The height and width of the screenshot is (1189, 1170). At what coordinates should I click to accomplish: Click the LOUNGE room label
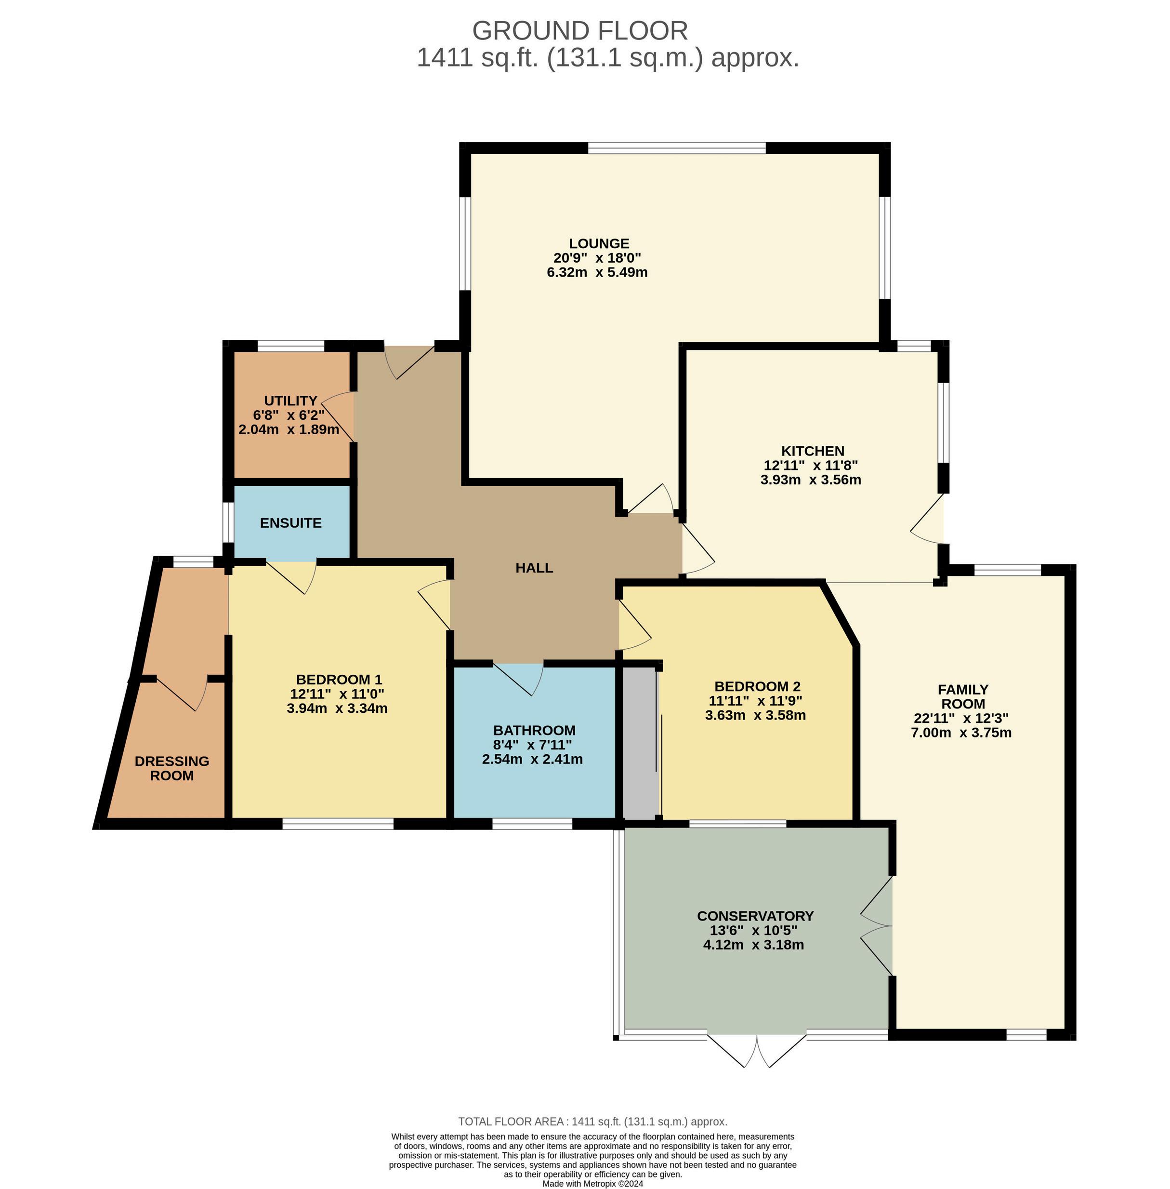click(x=599, y=243)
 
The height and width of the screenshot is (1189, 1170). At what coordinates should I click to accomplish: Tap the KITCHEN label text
click(x=813, y=451)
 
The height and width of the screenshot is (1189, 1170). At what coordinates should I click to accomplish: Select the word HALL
click(x=534, y=567)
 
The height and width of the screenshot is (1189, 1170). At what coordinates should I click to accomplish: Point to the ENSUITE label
click(x=290, y=522)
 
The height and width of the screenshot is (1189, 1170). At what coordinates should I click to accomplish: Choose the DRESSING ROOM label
click(x=172, y=768)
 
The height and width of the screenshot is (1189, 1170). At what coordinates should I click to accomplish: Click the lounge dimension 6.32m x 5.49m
click(x=597, y=272)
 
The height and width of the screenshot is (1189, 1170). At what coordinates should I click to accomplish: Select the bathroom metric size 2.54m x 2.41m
click(x=532, y=759)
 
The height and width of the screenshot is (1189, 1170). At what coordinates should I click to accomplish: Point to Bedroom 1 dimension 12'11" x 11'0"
click(x=337, y=694)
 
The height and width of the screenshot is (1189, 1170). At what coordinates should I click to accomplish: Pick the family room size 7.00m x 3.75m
click(x=961, y=732)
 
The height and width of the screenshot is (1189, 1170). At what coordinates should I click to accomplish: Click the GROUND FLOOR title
click(x=580, y=30)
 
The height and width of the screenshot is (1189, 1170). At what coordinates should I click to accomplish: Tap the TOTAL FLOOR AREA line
click(x=592, y=1122)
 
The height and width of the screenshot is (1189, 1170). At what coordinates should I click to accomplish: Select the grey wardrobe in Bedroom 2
click(x=640, y=742)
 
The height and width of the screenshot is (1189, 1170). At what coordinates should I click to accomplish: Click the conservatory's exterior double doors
click(x=756, y=1051)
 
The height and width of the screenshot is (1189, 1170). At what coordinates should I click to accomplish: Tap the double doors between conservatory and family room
click(x=876, y=925)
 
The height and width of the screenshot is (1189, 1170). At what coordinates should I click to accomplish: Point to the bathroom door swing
click(x=518, y=679)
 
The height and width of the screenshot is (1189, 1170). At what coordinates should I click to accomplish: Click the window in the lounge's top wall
click(x=677, y=147)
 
